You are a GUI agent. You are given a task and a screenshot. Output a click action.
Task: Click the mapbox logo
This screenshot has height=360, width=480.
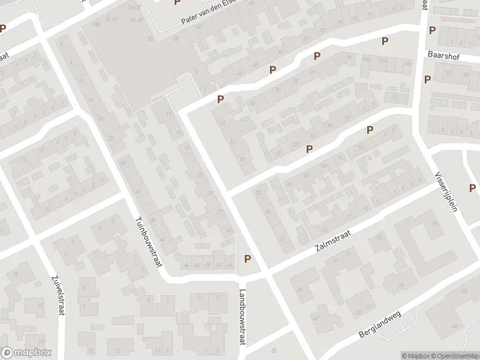tap(25, 353)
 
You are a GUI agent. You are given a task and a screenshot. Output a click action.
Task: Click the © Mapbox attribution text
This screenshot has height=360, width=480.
tap(414, 356)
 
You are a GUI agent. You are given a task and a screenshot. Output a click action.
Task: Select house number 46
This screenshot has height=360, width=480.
tap(187, 265)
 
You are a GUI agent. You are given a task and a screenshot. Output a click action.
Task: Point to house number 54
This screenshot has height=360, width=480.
tap(229, 265)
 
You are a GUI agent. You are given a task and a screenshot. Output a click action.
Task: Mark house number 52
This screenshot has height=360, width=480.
tap(218, 265)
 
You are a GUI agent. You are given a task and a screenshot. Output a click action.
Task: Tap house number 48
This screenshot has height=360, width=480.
tap(197, 265)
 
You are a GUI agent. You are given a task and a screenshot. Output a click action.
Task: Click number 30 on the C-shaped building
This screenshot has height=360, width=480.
tap(434, 224)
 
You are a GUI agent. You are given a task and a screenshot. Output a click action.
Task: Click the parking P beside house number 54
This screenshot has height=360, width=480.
tap(247, 259)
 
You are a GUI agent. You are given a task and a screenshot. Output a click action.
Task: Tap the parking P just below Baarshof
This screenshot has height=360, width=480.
tap(427, 79)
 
